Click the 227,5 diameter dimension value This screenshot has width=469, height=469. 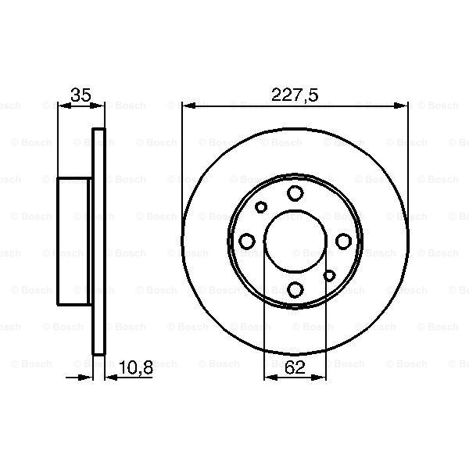tap(295, 95)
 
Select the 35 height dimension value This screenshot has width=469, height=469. tap(81, 95)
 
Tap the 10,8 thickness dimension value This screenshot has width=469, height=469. tap(136, 368)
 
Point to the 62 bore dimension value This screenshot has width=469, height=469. tap(295, 368)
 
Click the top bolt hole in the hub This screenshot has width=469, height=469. tap(295, 193)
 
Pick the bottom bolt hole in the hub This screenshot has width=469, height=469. tap(295, 290)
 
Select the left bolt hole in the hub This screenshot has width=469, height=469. tap(247, 241)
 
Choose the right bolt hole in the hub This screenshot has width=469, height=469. tap(344, 241)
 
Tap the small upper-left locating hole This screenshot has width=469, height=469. tap(261, 207)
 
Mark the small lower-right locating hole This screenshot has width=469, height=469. tap(329, 276)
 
